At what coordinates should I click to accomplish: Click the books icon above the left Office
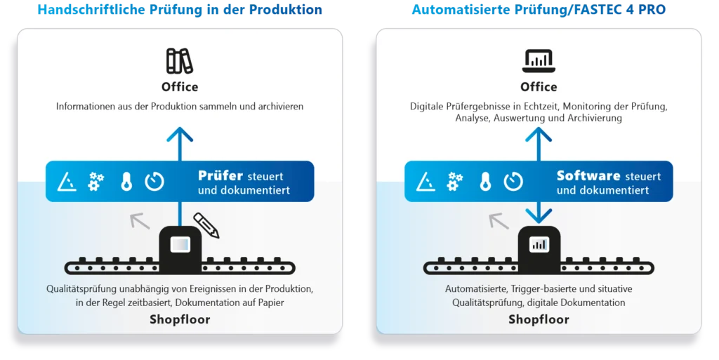click(x=180, y=61)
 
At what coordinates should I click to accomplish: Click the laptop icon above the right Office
click(x=539, y=61)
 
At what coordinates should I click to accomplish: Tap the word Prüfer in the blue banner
click(x=220, y=175)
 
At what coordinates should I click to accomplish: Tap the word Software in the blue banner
click(x=588, y=175)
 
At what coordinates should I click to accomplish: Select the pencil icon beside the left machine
click(x=206, y=225)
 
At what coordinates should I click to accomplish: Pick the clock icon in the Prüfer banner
click(x=154, y=182)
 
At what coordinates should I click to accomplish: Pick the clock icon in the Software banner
click(x=513, y=182)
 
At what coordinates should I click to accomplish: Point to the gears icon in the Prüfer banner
click(x=96, y=182)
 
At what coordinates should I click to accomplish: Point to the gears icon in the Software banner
click(x=455, y=182)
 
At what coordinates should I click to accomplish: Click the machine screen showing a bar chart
click(x=539, y=245)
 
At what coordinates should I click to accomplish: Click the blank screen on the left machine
click(x=180, y=245)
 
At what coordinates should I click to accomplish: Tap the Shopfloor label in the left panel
click(x=180, y=320)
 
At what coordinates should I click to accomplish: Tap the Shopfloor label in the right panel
click(x=539, y=320)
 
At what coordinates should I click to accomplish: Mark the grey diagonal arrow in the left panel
click(x=140, y=222)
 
